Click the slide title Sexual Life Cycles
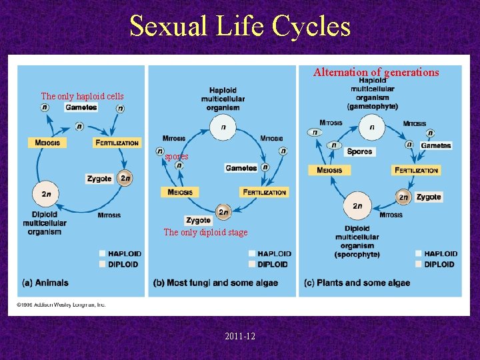click(240, 27)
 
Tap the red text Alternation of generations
click(376, 72)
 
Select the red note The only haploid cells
click(82, 97)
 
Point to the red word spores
click(177, 157)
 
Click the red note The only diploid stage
click(205, 233)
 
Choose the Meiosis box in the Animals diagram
click(47, 143)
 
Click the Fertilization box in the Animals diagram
click(117, 143)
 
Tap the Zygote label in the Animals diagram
click(99, 179)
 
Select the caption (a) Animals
click(45, 283)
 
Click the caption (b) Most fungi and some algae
click(215, 283)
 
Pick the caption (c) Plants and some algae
click(357, 283)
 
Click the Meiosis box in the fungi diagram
click(179, 193)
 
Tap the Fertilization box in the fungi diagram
click(264, 193)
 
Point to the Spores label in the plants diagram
click(359, 152)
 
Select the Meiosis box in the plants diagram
click(329, 171)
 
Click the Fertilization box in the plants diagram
click(416, 171)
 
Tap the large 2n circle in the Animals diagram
click(46, 194)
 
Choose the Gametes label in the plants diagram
click(435, 145)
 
